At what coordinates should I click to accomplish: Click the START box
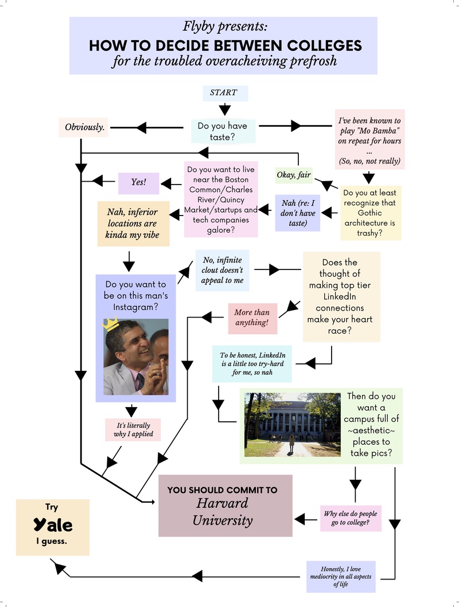click(x=223, y=92)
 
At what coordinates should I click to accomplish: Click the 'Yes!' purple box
click(x=138, y=182)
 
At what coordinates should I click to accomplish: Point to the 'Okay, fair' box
click(x=294, y=175)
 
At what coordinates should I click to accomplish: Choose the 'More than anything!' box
click(x=252, y=319)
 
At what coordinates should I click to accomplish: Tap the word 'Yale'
click(x=52, y=524)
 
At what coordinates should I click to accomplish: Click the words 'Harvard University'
click(x=223, y=512)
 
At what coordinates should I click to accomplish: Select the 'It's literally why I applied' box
click(x=132, y=429)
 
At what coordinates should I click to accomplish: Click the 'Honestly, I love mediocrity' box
click(x=341, y=576)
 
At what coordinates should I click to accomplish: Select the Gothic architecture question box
click(x=370, y=213)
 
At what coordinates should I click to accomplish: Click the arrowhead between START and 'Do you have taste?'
click(x=224, y=109)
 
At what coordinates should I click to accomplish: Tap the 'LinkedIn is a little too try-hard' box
click(x=252, y=363)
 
